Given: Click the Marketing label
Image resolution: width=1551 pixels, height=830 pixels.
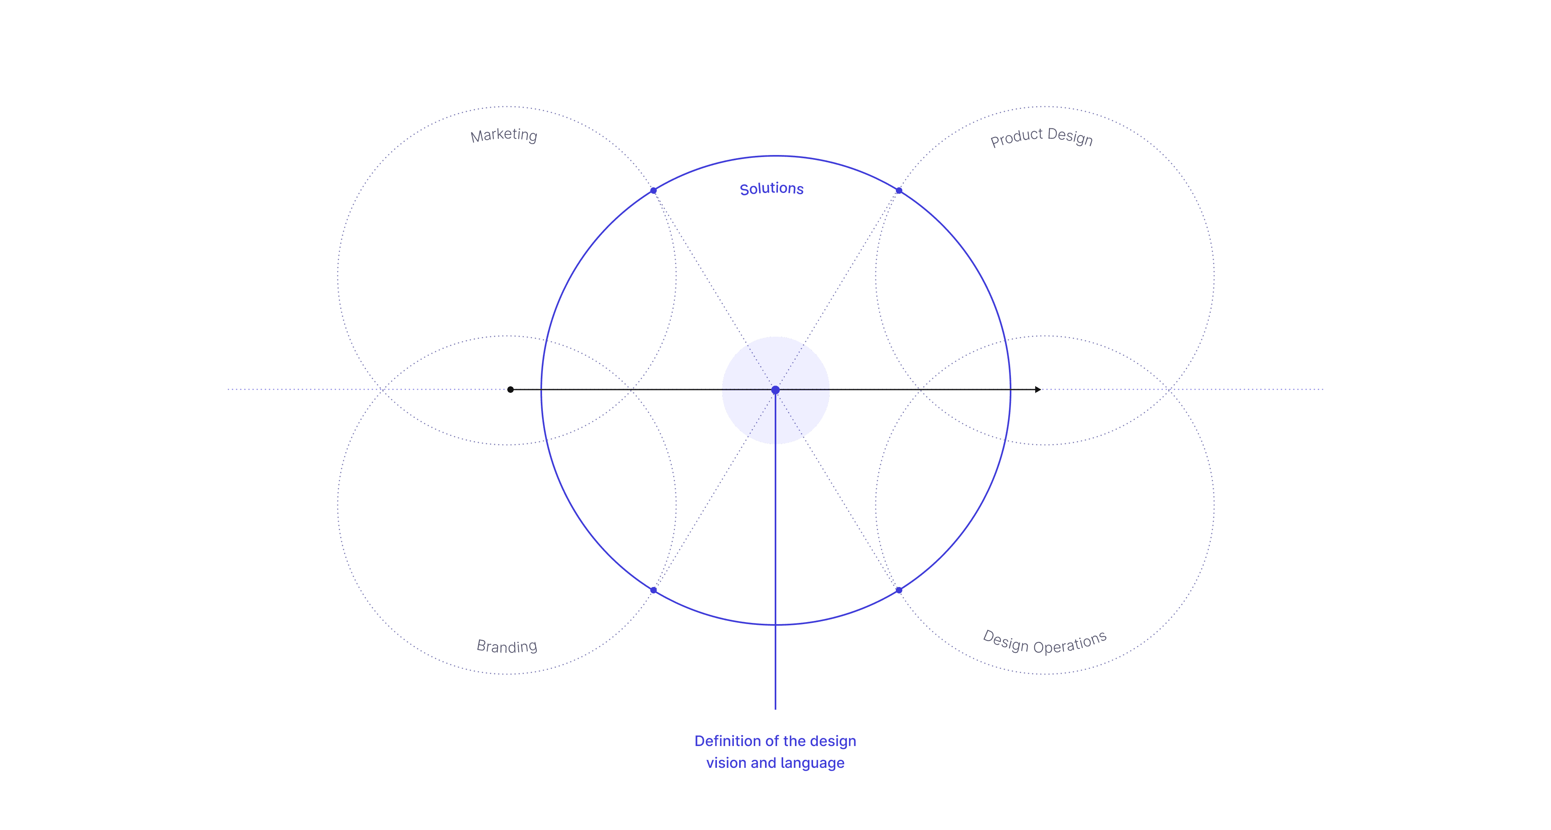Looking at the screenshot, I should click(x=504, y=135).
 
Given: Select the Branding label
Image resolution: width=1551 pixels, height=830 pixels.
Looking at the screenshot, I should click(x=507, y=646).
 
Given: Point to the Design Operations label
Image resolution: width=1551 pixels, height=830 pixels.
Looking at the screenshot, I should click(x=1045, y=642).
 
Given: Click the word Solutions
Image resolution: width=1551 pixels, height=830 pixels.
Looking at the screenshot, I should click(x=771, y=189).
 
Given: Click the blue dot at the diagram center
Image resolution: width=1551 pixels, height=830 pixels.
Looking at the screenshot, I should click(x=775, y=390).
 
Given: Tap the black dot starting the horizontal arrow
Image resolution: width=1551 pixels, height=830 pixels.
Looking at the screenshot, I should click(x=511, y=390).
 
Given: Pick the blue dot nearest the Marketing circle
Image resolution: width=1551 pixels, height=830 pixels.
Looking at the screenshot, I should click(x=653, y=191).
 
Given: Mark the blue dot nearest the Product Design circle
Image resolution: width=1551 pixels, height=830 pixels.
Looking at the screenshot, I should click(x=899, y=191).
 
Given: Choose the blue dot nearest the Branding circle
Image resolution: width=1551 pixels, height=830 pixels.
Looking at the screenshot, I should click(x=653, y=591).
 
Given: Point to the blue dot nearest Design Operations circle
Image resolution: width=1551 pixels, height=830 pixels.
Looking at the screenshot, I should click(x=899, y=591).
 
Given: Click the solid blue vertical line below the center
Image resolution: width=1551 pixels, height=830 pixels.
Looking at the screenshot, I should click(x=775, y=572).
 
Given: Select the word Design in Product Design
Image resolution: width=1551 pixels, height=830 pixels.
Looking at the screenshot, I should click(x=1070, y=137).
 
